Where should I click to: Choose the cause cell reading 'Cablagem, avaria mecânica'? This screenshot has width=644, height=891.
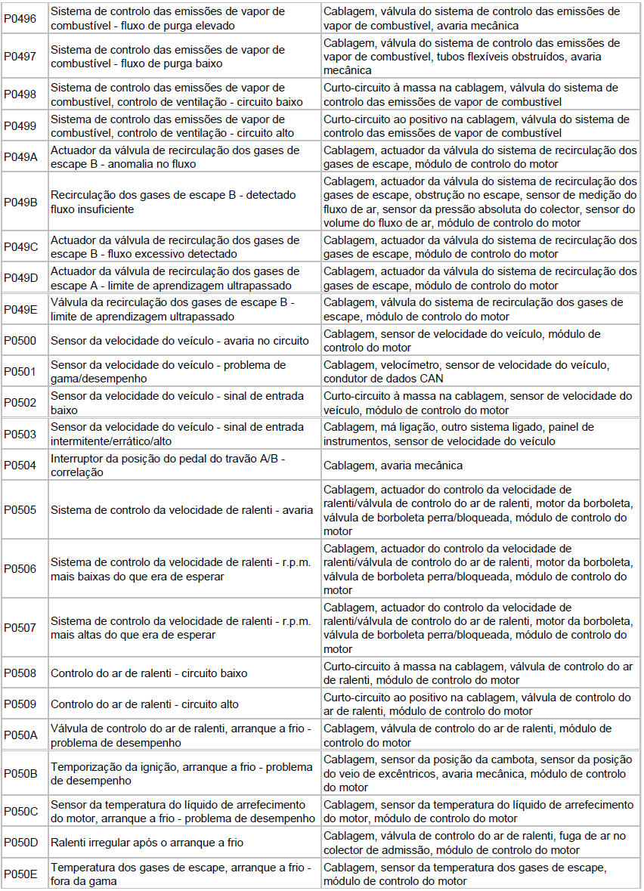393,466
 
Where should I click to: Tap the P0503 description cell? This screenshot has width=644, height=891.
183,434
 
